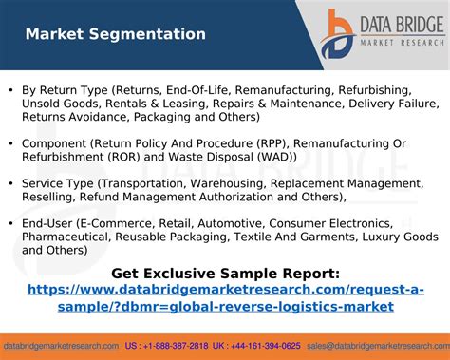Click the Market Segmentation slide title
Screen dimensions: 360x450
point(115,34)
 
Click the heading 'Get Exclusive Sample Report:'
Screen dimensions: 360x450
point(225,274)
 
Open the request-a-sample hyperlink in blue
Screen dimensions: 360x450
point(225,297)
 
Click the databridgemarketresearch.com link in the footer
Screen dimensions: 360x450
point(61,346)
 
